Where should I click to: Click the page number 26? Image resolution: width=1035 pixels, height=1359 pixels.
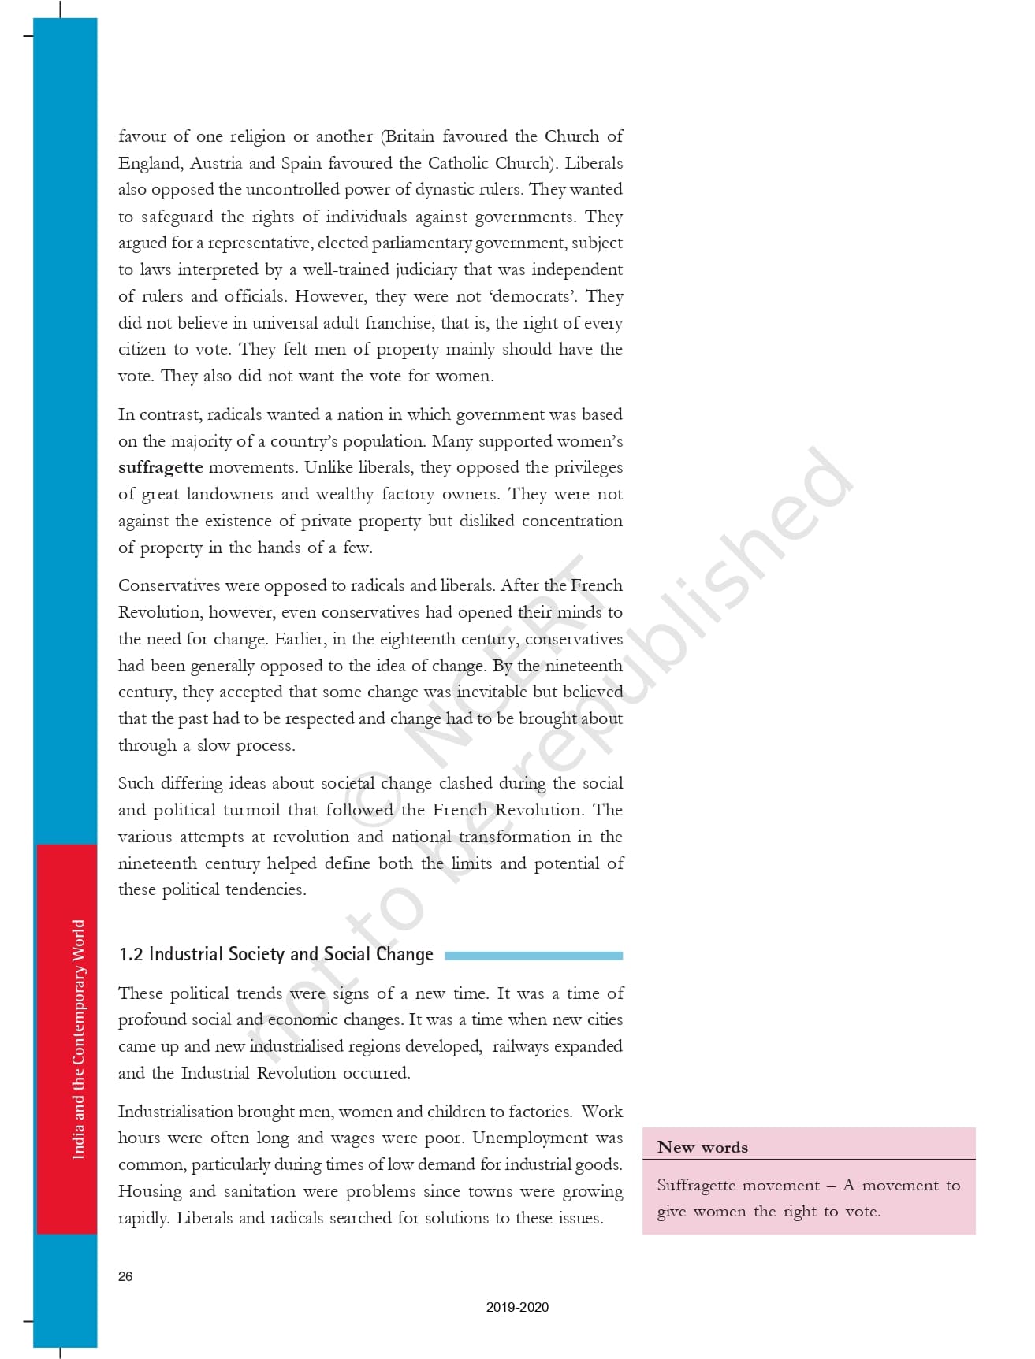point(125,1276)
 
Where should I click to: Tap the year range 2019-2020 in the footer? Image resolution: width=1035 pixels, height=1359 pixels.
point(517,1307)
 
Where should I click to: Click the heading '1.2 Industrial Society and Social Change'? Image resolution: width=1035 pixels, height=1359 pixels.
point(276,955)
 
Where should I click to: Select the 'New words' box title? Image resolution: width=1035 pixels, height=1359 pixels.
point(702,1147)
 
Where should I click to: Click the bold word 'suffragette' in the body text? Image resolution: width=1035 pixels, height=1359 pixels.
point(161,467)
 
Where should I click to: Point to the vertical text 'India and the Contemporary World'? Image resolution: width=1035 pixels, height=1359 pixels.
point(78,1039)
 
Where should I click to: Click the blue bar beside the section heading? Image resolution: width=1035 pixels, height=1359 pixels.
point(534,956)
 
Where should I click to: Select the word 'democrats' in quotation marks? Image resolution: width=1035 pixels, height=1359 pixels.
point(531,296)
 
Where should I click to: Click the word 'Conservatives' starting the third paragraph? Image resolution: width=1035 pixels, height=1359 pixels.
point(169,585)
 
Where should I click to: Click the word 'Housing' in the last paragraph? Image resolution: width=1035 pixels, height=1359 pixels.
point(149,1191)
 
